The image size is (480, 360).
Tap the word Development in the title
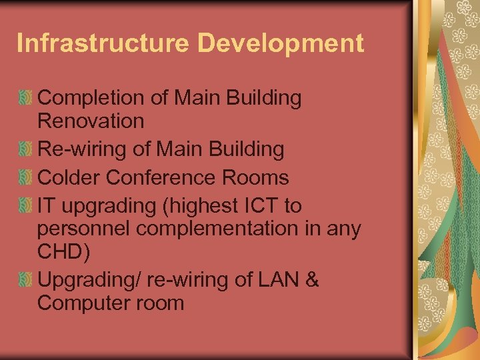tap(281, 43)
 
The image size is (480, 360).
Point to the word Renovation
tap(91, 121)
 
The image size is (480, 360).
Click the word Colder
tap(69, 178)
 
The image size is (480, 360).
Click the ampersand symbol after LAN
tap(312, 280)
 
